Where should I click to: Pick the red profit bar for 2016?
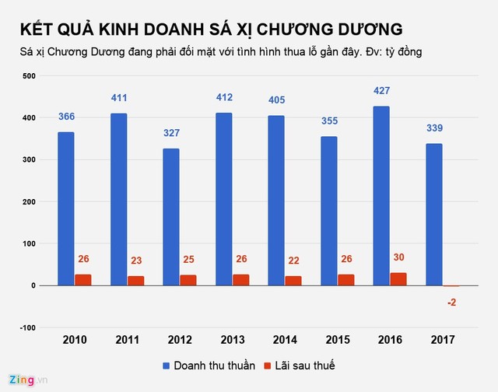click(398, 278)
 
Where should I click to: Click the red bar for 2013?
click(240, 279)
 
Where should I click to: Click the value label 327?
click(170, 133)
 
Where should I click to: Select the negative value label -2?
click(451, 302)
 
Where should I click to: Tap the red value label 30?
click(398, 258)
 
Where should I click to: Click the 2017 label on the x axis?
click(442, 340)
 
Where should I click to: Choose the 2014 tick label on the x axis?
click(285, 340)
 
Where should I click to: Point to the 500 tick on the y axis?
click(29, 76)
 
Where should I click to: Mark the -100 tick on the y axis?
click(27, 327)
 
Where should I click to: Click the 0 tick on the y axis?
click(33, 285)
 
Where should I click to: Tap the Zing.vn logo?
click(23, 380)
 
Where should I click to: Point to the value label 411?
click(118, 98)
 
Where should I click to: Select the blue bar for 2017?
click(433, 215)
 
